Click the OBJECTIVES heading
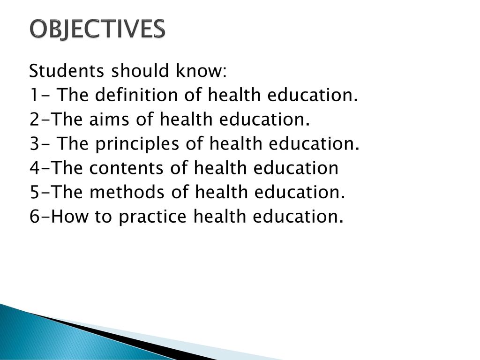[x=97, y=29]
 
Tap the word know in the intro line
[x=201, y=71]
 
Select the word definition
[x=136, y=95]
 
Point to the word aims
[x=109, y=119]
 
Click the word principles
[x=137, y=144]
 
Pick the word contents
[x=126, y=168]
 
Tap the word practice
[x=152, y=217]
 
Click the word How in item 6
[x=69, y=216]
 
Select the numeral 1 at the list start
[x=33, y=95]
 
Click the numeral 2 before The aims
[x=34, y=119]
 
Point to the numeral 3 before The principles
[x=34, y=143]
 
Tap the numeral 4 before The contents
[x=35, y=168]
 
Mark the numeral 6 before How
[x=34, y=216]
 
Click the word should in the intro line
[x=140, y=71]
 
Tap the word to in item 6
[x=103, y=216]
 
